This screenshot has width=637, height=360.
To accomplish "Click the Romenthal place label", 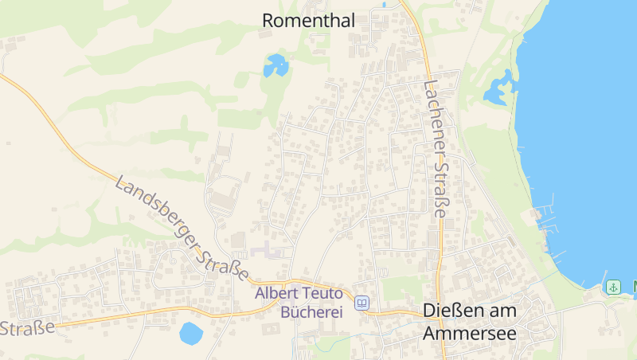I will point(308,21).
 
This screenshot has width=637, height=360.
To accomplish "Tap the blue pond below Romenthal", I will point(276,65).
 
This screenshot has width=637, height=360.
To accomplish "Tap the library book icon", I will point(363,303).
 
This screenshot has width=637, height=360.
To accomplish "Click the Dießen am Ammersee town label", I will point(470,321).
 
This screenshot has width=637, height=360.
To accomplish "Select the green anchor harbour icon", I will point(612,287).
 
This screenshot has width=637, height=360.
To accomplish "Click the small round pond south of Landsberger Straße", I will point(191,333).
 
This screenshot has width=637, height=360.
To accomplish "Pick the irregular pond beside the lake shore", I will point(498,87).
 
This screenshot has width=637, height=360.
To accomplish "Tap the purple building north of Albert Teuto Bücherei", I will point(268,252).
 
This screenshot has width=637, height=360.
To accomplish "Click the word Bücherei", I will point(311,311).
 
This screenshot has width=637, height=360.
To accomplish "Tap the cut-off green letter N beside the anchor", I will point(633,287).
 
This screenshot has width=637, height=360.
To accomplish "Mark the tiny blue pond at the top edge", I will point(384,4).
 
